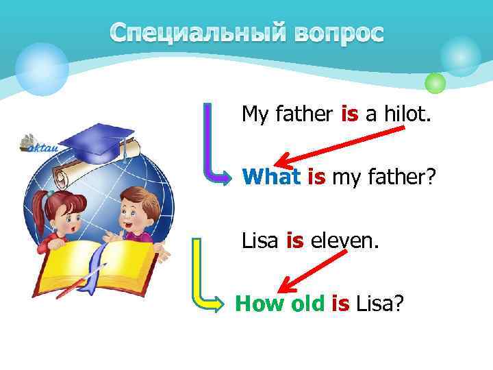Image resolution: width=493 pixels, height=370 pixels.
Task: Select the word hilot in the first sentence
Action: click(407, 114)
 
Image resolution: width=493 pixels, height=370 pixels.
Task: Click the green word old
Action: click(305, 303)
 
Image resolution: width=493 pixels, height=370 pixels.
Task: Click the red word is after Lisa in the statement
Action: click(294, 241)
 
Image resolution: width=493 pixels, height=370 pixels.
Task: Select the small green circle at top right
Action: click(435, 83)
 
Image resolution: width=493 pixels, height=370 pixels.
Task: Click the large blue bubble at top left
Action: click(42, 67)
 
